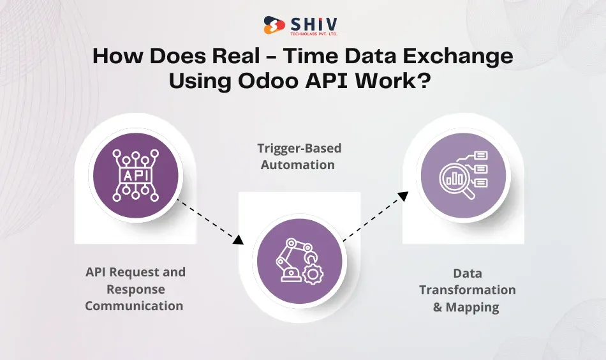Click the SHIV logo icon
point(274,26)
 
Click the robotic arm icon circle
point(299,260)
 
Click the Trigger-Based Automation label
point(299,156)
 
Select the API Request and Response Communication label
point(135,289)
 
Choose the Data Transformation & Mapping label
point(467,290)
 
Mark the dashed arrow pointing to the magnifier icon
point(376,217)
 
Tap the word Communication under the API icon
point(134,306)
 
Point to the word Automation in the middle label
point(299,165)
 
